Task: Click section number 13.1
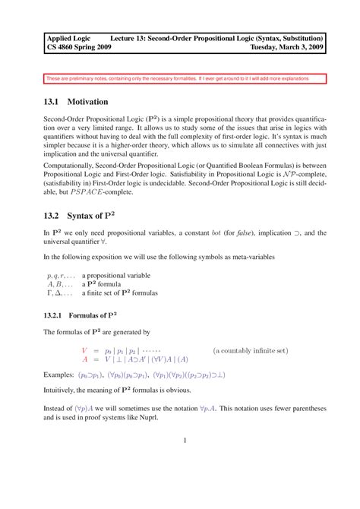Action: pos(54,101)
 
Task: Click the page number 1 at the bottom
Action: pos(185,440)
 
